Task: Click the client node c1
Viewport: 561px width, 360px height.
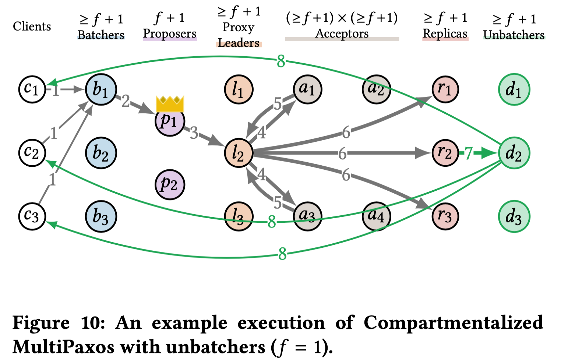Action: (x=32, y=89)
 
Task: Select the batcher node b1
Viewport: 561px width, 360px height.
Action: (x=100, y=89)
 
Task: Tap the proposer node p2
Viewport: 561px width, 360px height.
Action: (x=169, y=184)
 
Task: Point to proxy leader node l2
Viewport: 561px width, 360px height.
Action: (x=239, y=153)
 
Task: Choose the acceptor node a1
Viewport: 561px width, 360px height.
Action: (x=307, y=89)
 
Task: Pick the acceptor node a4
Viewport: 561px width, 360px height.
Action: (x=376, y=216)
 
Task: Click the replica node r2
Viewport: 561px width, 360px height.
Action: (x=445, y=153)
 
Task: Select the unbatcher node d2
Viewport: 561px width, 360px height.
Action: (x=514, y=153)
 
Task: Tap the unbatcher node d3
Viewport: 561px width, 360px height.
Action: (x=514, y=216)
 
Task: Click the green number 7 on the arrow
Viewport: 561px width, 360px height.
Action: (x=468, y=153)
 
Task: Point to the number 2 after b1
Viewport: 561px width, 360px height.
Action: (x=126, y=101)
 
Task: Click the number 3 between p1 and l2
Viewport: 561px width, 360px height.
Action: (x=194, y=133)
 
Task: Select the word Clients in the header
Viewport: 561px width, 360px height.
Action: (x=32, y=27)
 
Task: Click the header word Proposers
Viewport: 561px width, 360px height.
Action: (x=170, y=33)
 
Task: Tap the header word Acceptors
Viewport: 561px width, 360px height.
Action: (x=342, y=33)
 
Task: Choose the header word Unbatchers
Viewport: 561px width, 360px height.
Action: (x=514, y=35)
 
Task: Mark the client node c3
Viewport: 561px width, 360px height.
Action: (x=32, y=216)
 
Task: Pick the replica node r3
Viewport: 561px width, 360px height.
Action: (x=445, y=216)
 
